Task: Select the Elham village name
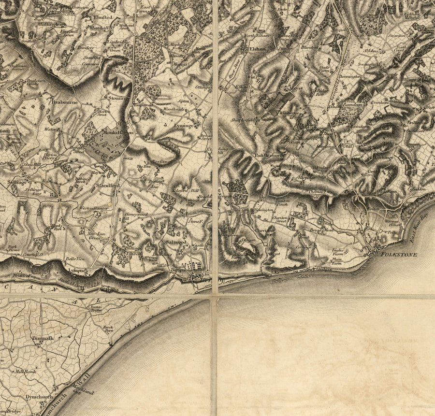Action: point(255,49)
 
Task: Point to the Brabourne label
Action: point(64,102)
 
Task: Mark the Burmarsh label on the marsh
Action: point(43,338)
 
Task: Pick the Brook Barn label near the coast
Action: point(108,329)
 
